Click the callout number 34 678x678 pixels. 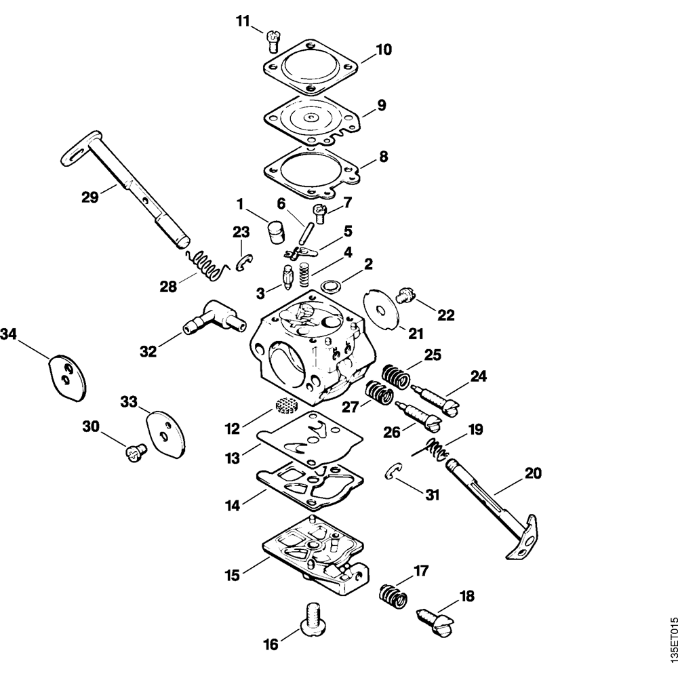click(x=9, y=334)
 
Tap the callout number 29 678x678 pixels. click(x=90, y=197)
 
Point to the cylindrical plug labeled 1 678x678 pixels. click(x=275, y=232)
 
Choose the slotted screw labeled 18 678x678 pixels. click(x=435, y=619)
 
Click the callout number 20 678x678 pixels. click(x=534, y=474)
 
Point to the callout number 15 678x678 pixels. click(x=233, y=576)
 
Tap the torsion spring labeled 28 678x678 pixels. click(x=204, y=266)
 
